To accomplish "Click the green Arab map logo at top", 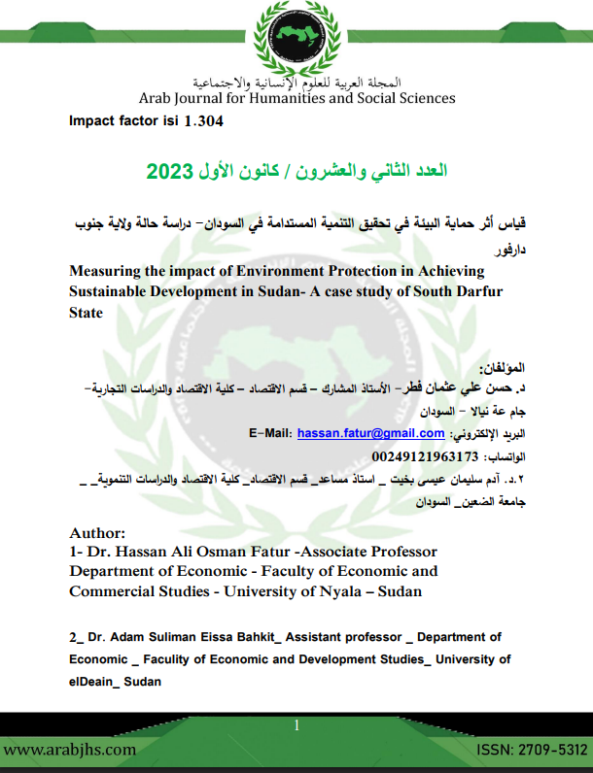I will [x=296, y=39].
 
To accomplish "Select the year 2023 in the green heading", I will [x=172, y=172].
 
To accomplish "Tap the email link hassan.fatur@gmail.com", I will [x=370, y=433].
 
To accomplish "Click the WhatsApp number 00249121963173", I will [x=426, y=455].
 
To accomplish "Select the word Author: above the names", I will [x=98, y=533].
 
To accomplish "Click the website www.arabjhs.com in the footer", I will [x=70, y=751].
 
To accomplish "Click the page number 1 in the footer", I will [x=296, y=724].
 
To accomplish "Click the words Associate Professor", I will [x=365, y=552].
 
